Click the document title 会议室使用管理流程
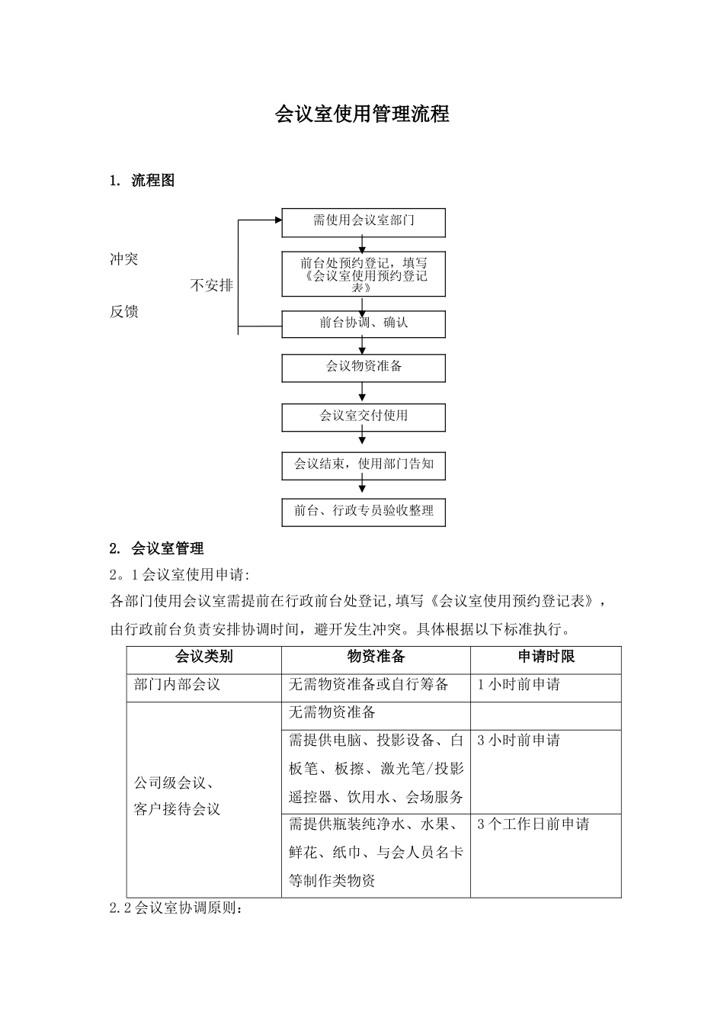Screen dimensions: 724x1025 [362, 114]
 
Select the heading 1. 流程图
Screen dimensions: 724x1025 [143, 181]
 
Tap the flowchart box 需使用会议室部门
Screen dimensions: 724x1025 [364, 222]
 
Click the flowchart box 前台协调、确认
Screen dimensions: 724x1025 [364, 324]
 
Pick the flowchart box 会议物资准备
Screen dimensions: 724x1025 [364, 368]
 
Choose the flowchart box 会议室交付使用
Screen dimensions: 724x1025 [364, 417]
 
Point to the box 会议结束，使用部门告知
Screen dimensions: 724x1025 [364, 464]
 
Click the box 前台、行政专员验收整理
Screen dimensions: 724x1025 [364, 512]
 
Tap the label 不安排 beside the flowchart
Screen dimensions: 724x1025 [211, 286]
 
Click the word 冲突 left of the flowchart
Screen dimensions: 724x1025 [124, 260]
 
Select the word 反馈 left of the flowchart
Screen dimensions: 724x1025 [124, 312]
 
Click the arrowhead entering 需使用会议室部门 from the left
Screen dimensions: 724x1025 [277, 221]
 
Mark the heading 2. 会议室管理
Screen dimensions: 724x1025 [156, 548]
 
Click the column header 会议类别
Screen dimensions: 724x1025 [203, 657]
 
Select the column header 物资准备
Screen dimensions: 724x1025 [376, 657]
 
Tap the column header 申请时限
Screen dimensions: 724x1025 [546, 657]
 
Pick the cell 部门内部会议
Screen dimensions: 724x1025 [177, 685]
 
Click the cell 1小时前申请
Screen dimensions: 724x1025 [518, 685]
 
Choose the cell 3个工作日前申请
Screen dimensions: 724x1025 [533, 824]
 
